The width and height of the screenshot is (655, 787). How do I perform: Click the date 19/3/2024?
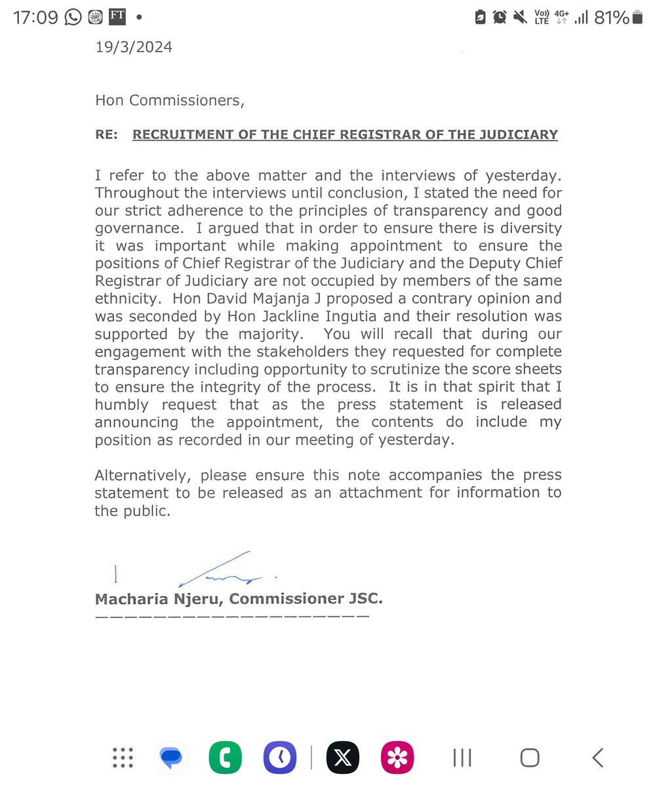[134, 47]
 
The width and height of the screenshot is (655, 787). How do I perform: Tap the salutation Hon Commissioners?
[170, 100]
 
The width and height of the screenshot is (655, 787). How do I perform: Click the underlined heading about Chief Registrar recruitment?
[345, 135]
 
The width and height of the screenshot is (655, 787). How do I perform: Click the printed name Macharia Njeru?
[159, 598]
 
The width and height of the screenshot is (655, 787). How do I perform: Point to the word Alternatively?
[144, 474]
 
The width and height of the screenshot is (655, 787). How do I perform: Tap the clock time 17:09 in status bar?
[37, 17]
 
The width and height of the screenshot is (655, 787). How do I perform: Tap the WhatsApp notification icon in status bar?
[73, 17]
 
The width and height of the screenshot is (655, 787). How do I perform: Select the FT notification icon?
[117, 17]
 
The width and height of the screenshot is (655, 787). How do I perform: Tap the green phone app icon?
[226, 758]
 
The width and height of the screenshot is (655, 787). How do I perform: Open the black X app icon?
[344, 758]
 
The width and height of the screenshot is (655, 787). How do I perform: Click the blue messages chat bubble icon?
[171, 758]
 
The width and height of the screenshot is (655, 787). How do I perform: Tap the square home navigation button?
[529, 758]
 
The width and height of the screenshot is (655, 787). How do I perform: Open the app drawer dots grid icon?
[123, 758]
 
